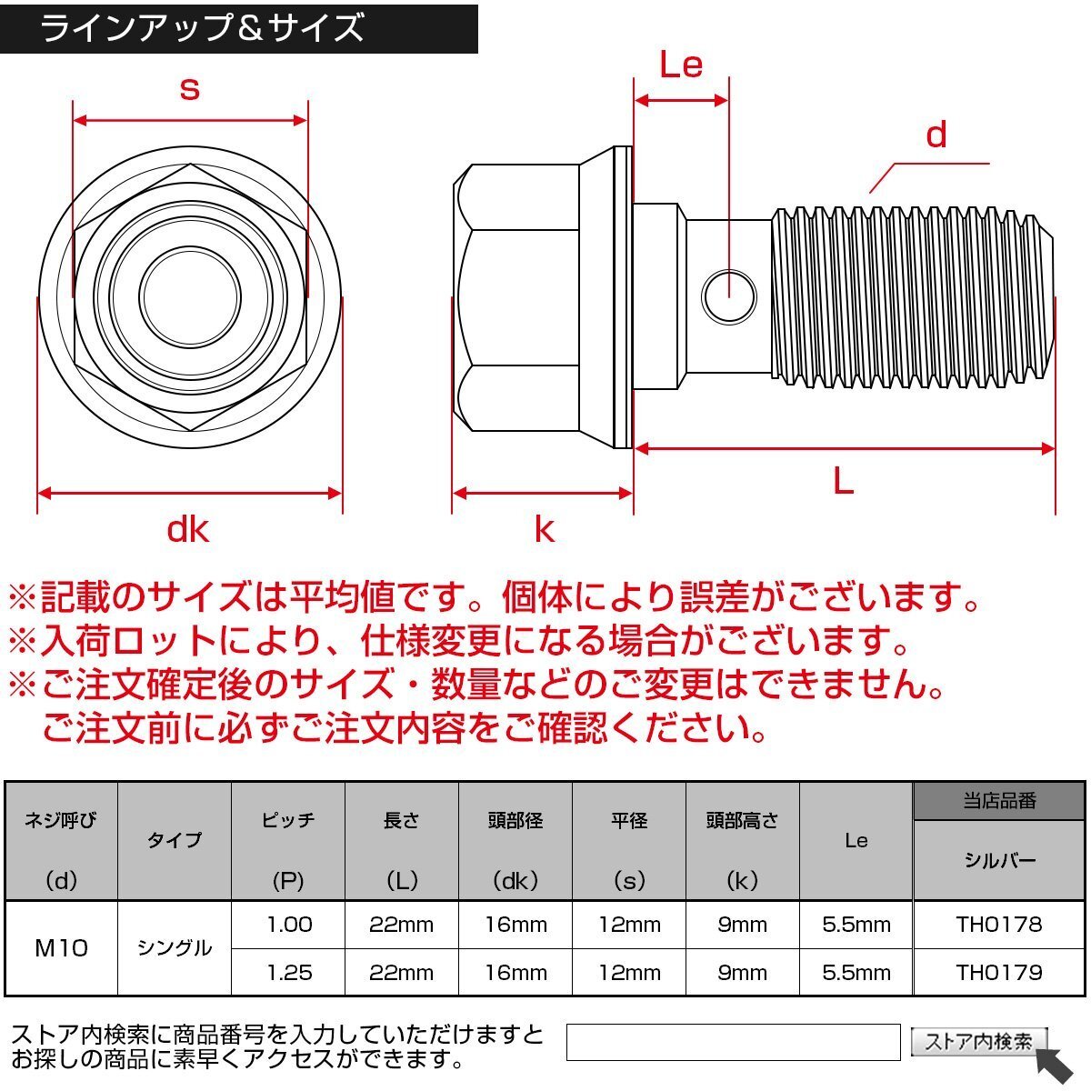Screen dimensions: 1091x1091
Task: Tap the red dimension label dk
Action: coord(188,530)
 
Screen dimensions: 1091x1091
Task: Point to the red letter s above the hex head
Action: coord(190,89)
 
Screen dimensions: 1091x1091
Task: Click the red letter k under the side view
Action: coord(545,530)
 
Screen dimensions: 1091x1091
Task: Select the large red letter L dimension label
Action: coord(843,482)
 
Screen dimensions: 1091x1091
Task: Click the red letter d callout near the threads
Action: coord(936,135)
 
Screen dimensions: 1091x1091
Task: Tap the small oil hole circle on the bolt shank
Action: coord(729,296)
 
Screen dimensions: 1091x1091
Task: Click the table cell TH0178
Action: coord(998,925)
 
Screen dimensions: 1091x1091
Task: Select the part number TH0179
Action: coord(998,973)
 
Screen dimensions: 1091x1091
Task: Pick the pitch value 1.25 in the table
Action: coord(289,973)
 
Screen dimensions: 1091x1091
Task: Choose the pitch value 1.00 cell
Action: coord(289,925)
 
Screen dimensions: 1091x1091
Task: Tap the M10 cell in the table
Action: coord(61,948)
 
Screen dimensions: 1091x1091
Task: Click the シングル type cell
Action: coord(175,948)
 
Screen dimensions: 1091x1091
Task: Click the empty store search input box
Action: coord(733,1042)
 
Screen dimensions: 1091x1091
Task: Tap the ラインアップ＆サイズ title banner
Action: coord(239,28)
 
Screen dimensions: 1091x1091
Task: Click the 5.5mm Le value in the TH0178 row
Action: coord(856,925)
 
